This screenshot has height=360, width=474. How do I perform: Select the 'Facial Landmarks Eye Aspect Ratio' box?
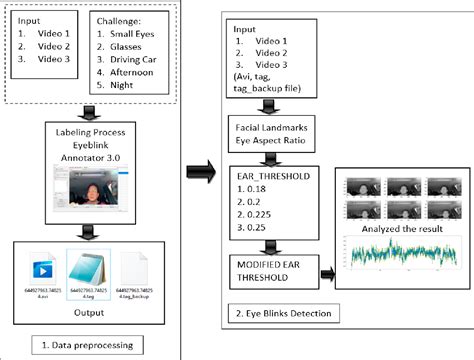[276, 133]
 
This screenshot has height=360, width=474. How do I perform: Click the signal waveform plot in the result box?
[393, 254]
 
